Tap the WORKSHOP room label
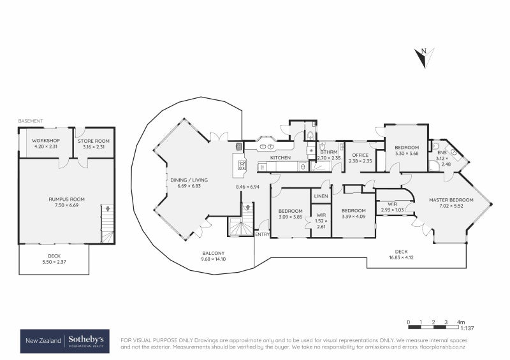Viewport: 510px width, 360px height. coord(46,143)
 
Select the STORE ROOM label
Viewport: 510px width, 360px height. coord(94,143)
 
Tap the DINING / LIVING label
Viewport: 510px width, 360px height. coord(189,183)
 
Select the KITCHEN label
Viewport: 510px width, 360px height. coord(280,157)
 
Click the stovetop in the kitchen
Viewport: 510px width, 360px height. coord(242,164)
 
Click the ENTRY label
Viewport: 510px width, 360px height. coord(262,234)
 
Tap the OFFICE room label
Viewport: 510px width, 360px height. coord(360,158)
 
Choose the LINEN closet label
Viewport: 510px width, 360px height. coord(321,196)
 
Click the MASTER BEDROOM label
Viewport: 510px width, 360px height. coord(451,203)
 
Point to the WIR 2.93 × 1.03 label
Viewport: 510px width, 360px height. coord(392,206)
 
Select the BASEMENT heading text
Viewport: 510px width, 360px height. coord(31,120)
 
